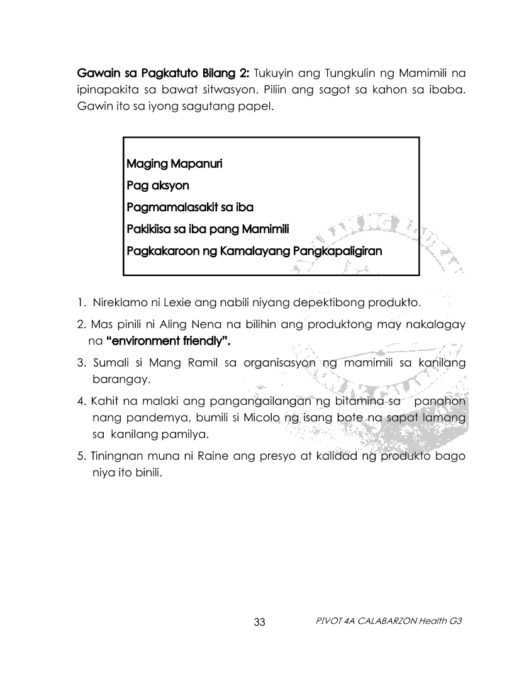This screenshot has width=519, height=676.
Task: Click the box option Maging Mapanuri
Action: click(174, 164)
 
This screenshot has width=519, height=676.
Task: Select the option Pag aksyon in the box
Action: click(157, 186)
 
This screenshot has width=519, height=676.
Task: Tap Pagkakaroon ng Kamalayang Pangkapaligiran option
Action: click(254, 251)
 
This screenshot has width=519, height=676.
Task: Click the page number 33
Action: click(259, 623)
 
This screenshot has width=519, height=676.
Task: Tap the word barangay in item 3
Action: click(118, 380)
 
